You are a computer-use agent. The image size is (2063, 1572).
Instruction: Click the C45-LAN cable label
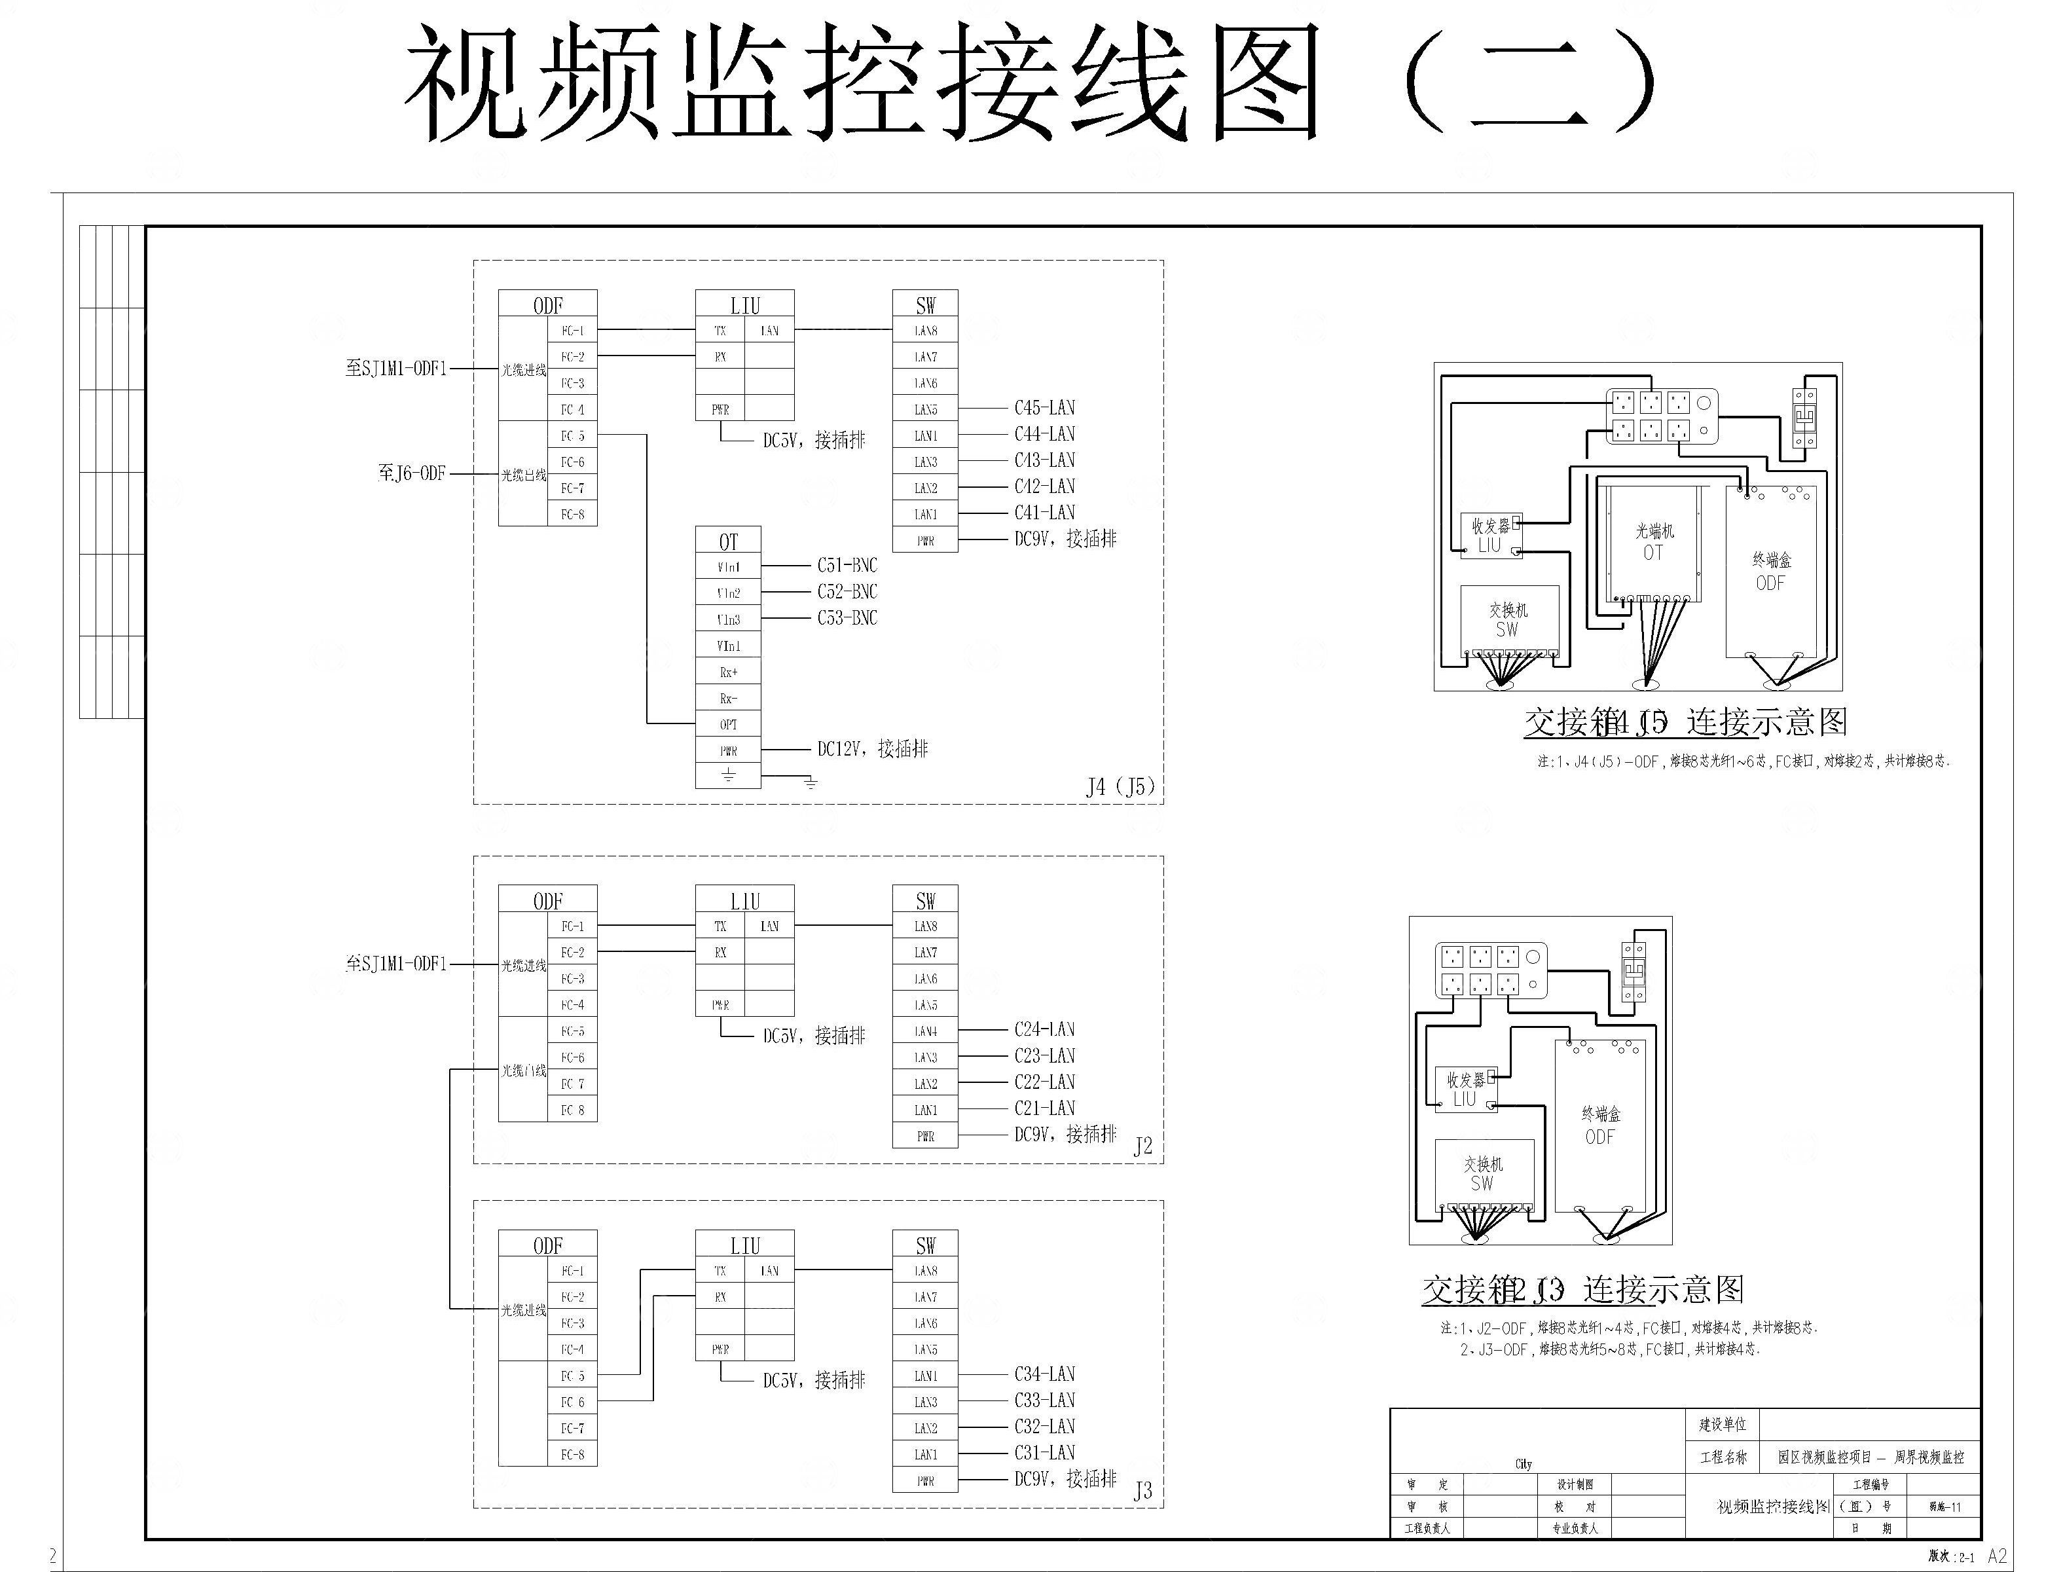1044,408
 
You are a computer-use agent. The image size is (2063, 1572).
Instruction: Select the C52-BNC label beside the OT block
847,591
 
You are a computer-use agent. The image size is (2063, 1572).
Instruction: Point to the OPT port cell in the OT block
728,724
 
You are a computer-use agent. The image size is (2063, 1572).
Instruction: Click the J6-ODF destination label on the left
412,473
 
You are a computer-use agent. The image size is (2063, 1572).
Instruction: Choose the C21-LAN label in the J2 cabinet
1044,1108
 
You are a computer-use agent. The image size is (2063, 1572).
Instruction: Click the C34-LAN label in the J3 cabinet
1044,1374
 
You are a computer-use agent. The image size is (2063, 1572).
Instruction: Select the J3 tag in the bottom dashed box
1142,1491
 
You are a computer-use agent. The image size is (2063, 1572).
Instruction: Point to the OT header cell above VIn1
728,541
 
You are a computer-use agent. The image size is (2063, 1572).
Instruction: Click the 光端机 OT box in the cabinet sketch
1653,543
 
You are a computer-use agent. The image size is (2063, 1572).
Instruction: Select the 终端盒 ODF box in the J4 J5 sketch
1770,571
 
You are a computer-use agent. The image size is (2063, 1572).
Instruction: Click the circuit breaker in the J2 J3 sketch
1634,970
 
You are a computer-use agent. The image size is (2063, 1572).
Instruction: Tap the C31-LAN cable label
1044,1452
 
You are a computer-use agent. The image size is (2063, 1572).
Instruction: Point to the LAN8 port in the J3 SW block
925,1271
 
